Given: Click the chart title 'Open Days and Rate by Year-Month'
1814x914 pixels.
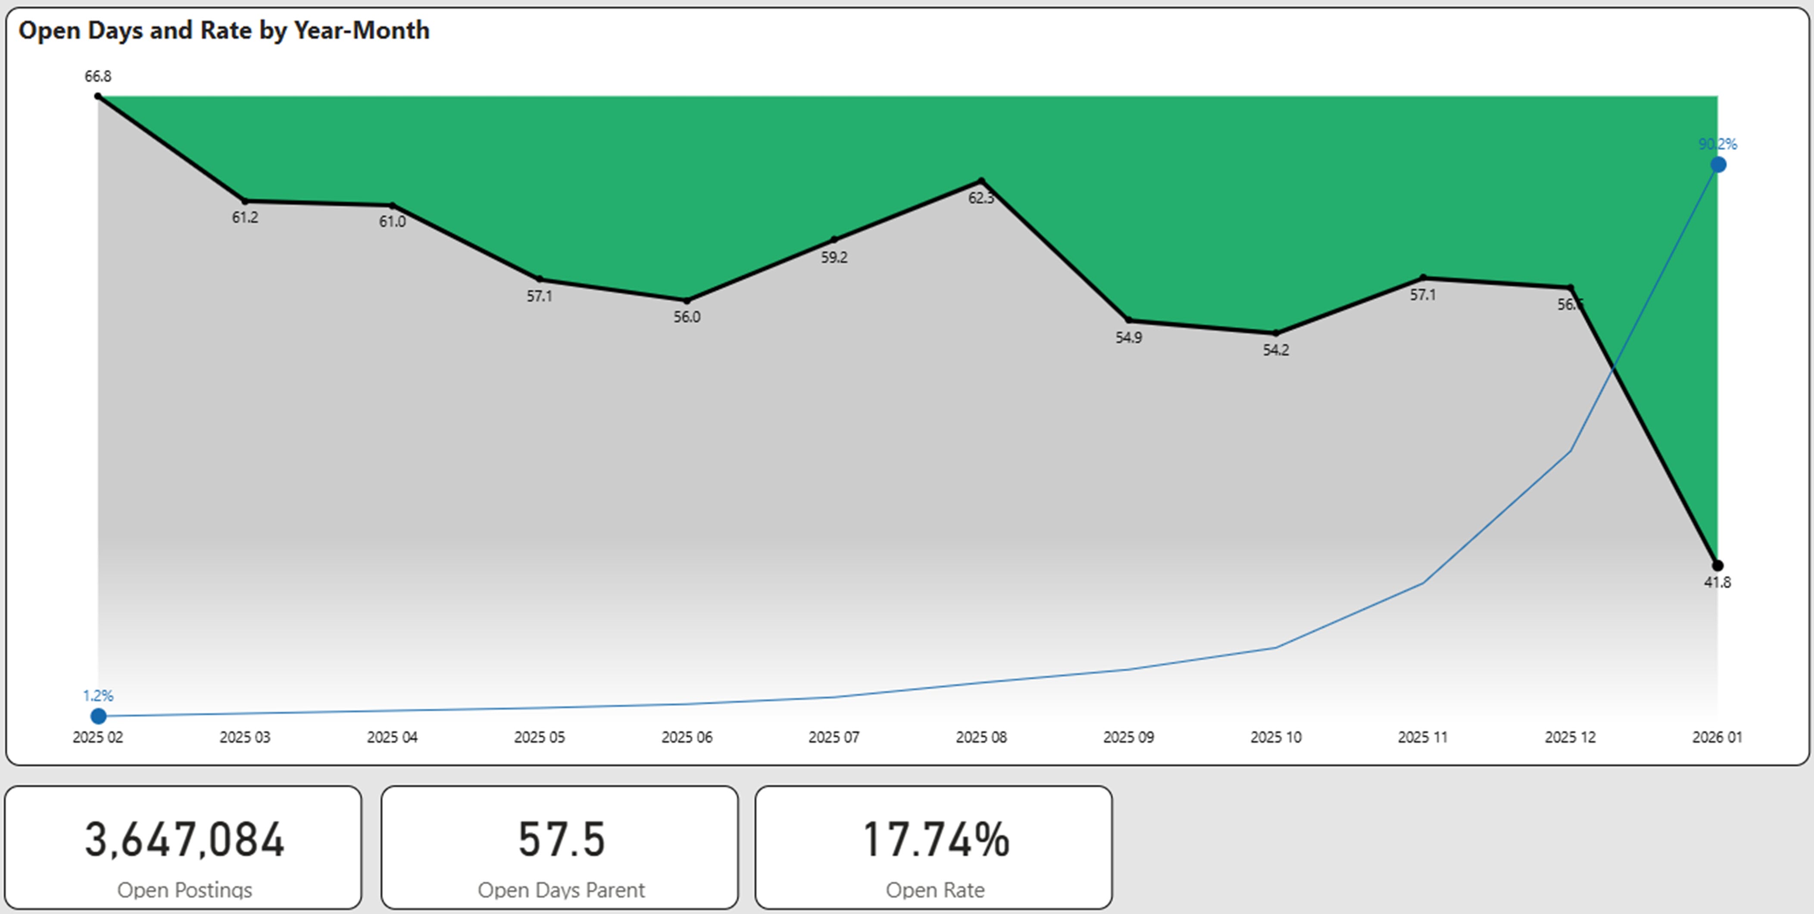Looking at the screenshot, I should tap(224, 30).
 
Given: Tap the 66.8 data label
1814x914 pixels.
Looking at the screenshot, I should tap(98, 76).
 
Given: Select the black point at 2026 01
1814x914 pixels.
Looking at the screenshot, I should tap(1717, 565).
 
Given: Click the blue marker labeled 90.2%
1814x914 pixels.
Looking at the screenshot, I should tap(1718, 165).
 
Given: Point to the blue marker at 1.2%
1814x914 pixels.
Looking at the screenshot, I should tap(99, 716).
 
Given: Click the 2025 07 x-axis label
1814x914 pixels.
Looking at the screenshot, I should tap(834, 737).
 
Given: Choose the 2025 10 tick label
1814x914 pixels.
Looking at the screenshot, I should tap(1275, 737).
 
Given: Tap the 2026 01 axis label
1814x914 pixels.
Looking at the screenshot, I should tap(1717, 737).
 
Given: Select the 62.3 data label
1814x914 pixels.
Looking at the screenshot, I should tap(981, 199).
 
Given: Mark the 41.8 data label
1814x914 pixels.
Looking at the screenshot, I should tap(1717, 582).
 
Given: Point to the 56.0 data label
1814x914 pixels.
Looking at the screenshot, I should tap(687, 317).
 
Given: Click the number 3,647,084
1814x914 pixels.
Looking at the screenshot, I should tap(184, 839).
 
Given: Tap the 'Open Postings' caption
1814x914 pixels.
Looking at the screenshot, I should tap(184, 890).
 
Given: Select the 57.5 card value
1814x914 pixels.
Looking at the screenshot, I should tap(561, 839).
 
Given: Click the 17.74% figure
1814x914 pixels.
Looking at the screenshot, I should tap(935, 839).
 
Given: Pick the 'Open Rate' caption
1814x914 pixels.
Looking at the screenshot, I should tap(935, 890).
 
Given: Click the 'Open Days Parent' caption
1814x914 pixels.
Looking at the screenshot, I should tap(561, 890).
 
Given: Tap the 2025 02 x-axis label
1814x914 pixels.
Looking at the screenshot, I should tap(98, 737).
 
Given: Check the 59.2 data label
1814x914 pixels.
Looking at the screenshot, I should tap(834, 258).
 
